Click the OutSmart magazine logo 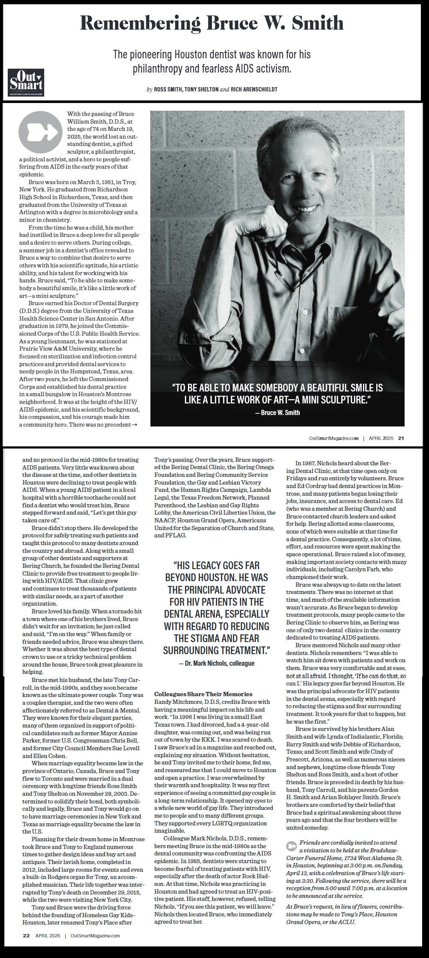(x=26, y=82)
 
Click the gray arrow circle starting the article (x=40, y=133)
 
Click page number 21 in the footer (x=401, y=438)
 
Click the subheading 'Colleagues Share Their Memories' (x=203, y=694)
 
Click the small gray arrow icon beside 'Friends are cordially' (x=292, y=846)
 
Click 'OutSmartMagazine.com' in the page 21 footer (x=334, y=438)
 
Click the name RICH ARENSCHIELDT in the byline (x=254, y=89)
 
